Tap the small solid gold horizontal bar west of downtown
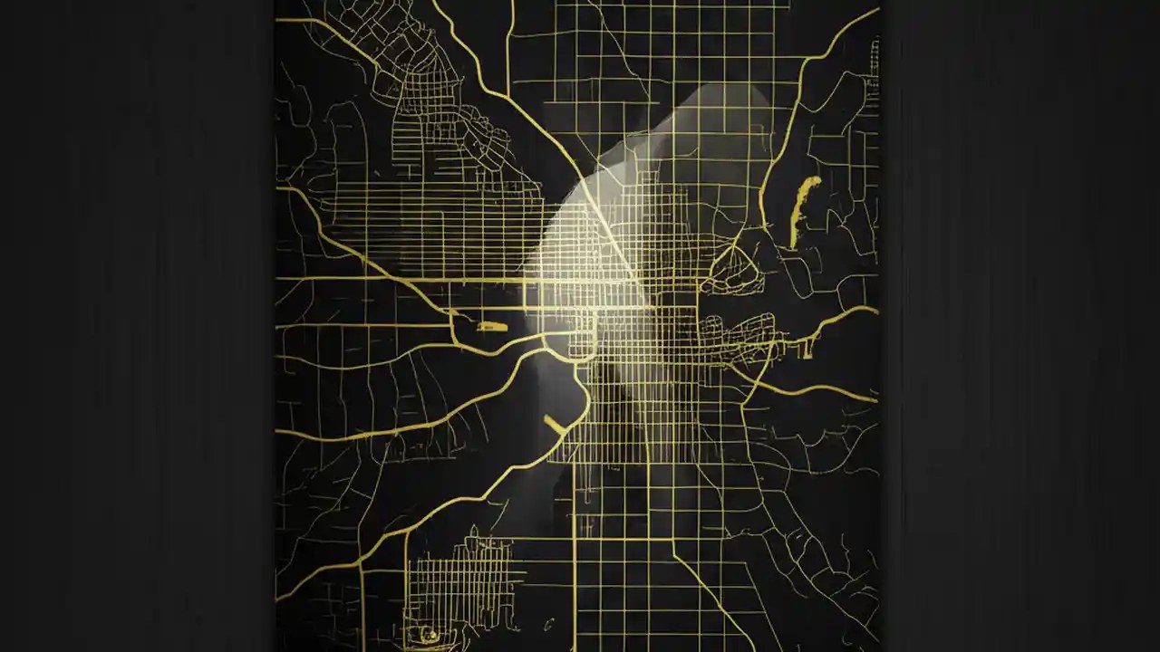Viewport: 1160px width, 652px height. click(491, 326)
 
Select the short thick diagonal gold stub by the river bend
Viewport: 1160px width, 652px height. click(554, 423)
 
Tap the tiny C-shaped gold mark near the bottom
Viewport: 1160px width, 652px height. click(550, 622)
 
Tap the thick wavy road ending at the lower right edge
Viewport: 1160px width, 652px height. click(816, 389)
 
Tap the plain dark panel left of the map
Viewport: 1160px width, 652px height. click(136, 326)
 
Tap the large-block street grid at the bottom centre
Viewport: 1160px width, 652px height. click(634, 580)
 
